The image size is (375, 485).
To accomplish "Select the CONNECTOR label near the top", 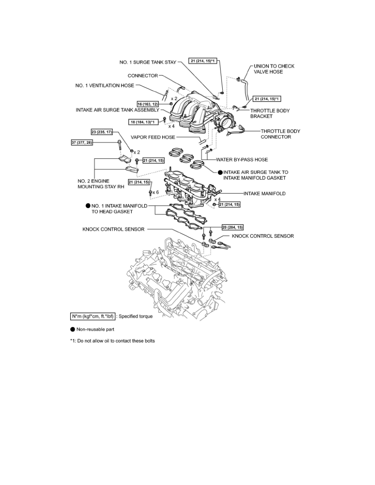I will tap(143, 76).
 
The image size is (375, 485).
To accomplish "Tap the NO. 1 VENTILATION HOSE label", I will tap(104, 86).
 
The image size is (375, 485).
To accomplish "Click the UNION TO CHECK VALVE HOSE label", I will tap(274, 69).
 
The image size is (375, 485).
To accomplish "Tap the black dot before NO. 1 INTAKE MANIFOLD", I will tap(87, 206).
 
